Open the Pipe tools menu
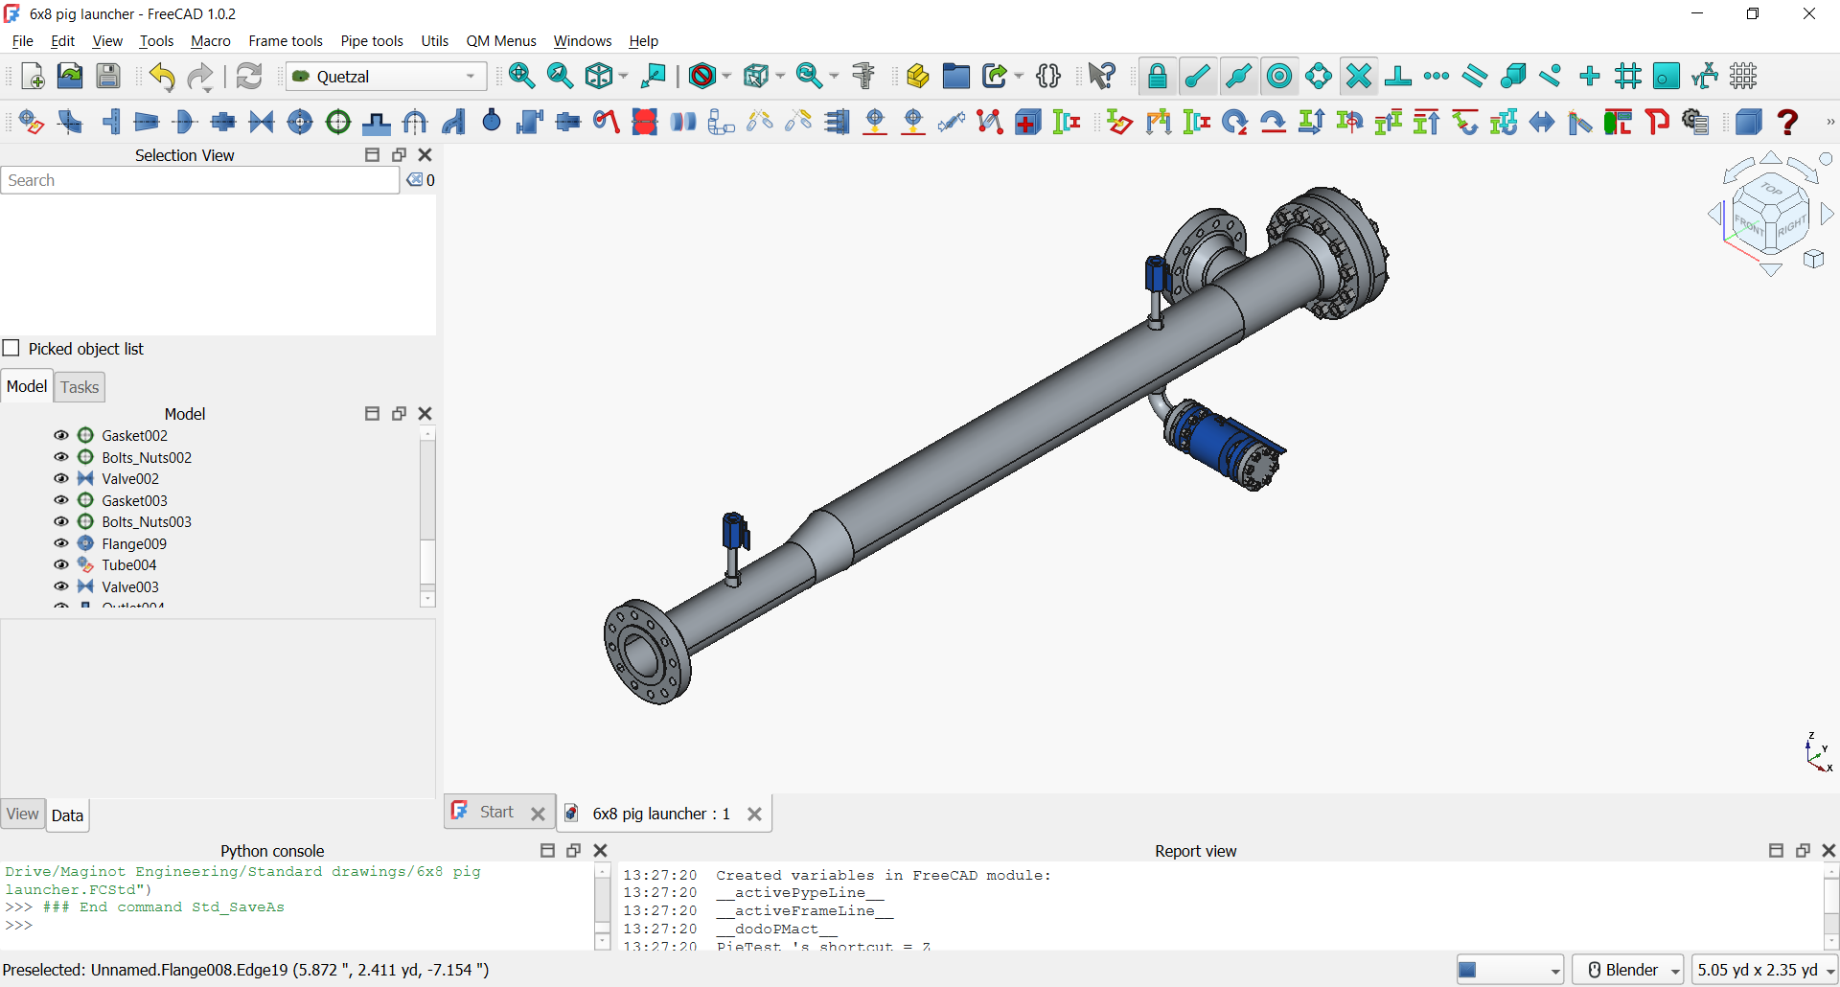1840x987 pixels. [x=371, y=41]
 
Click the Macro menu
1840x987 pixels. [x=210, y=41]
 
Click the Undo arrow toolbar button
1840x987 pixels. [x=162, y=77]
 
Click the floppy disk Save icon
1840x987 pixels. [x=108, y=77]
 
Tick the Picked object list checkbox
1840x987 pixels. [x=11, y=348]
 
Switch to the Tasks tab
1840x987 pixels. [x=79, y=387]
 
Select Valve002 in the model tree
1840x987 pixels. [x=130, y=479]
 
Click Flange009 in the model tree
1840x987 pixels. [x=134, y=544]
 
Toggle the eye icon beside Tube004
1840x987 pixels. [x=61, y=565]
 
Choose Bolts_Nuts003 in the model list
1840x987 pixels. [x=147, y=522]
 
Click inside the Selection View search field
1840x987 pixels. [x=199, y=180]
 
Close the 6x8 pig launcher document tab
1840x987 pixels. [x=754, y=814]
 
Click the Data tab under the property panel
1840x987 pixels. [x=67, y=815]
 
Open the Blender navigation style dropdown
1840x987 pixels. [x=1628, y=970]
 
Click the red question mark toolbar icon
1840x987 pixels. [x=1787, y=122]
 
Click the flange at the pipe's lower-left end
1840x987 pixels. [x=646, y=652]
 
